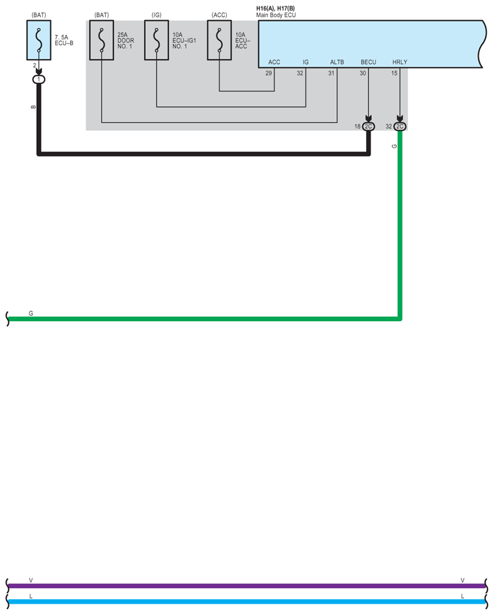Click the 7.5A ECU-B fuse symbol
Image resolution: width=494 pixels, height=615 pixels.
coord(39,40)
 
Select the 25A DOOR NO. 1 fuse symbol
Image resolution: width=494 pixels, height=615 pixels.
coord(102,41)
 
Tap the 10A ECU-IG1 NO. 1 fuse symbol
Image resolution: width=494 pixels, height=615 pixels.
coord(156,41)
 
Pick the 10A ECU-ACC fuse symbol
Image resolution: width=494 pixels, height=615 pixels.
coord(219,41)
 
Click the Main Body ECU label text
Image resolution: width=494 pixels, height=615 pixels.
coord(276,15)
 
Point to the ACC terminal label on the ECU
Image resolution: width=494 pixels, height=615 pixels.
coord(274,62)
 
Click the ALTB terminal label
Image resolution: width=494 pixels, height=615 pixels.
coord(337,62)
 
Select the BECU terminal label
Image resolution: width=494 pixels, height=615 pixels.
coord(368,62)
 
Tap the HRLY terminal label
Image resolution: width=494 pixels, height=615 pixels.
coord(400,62)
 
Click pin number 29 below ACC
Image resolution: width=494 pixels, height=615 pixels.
coord(268,73)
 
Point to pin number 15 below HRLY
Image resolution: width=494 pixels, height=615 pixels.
coord(394,73)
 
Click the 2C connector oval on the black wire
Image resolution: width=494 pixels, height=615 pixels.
coord(368,126)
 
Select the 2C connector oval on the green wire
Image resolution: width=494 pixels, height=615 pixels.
coord(400,126)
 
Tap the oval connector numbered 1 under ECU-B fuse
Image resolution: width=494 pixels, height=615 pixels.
coord(39,79)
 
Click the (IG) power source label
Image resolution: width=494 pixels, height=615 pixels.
coord(156,15)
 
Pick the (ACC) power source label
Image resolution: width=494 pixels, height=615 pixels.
coord(219,15)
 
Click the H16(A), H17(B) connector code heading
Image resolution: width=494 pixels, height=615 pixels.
coord(275,8)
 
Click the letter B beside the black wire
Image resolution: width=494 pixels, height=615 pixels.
coord(33,106)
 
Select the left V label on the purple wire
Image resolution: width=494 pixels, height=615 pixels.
coord(31,581)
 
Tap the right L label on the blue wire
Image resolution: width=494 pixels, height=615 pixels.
coord(463,596)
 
